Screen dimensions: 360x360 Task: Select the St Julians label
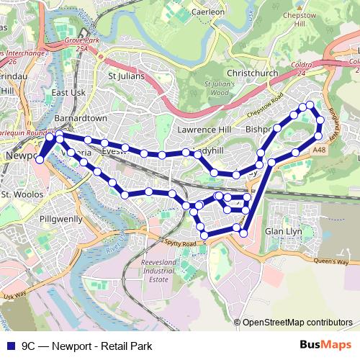click(126, 74)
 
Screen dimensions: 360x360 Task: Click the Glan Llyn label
click(282, 231)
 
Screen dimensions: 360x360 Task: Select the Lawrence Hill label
click(205, 130)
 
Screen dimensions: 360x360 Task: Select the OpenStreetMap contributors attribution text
click(297, 323)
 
